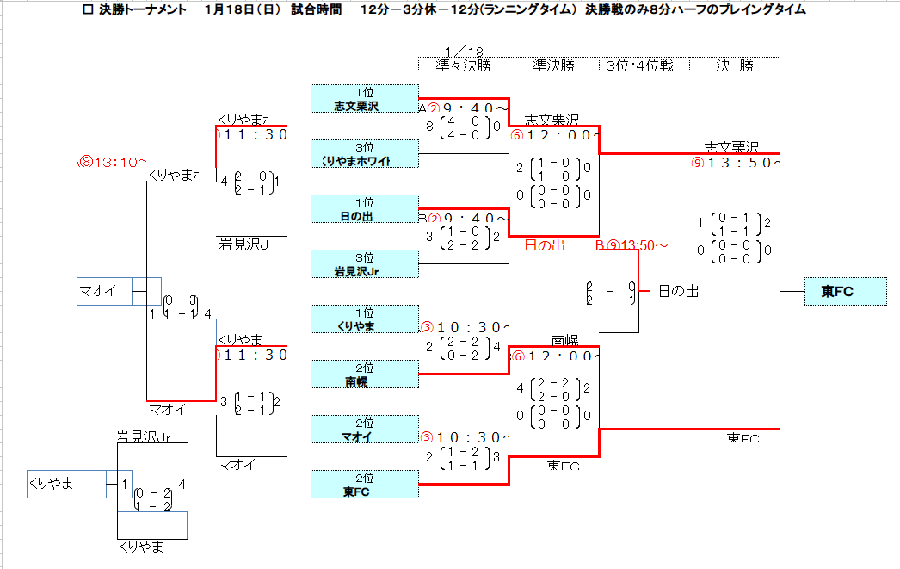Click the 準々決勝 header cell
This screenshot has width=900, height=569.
point(464,65)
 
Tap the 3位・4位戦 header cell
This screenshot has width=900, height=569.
point(639,65)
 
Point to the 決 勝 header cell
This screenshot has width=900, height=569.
point(734,65)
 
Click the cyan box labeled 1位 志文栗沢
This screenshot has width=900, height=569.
point(364,99)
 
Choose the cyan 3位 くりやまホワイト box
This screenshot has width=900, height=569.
point(364,154)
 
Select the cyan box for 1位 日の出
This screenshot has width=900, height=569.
point(364,209)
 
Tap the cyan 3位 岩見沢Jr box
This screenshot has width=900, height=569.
point(364,264)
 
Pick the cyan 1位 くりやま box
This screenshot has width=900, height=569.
point(364,319)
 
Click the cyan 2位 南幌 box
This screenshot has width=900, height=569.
point(364,374)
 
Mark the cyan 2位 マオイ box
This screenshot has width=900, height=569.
point(364,430)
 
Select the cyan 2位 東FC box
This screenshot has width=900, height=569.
point(364,485)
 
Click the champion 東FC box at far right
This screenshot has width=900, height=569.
point(846,292)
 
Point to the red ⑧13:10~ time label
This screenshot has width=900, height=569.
point(114,162)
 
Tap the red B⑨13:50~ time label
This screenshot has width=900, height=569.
point(632,245)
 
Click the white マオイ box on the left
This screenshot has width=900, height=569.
point(104,292)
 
